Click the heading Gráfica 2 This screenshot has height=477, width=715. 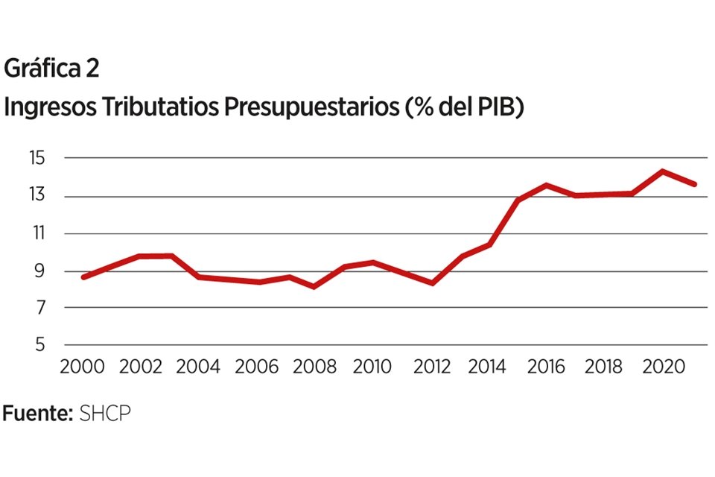coord(51,69)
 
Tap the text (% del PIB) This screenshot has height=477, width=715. coord(465,107)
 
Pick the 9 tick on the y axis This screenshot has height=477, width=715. coord(39,271)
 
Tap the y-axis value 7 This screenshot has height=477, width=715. coord(39,308)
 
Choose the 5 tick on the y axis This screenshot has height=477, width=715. coord(39,345)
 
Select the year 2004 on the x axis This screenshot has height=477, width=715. coord(197,367)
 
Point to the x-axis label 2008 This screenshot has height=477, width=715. coord(313,367)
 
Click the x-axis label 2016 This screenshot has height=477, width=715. coord(547,367)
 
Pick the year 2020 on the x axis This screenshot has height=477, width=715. coord(663,367)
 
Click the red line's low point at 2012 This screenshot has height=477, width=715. coord(432,283)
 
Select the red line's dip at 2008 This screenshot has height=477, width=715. coord(314,286)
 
